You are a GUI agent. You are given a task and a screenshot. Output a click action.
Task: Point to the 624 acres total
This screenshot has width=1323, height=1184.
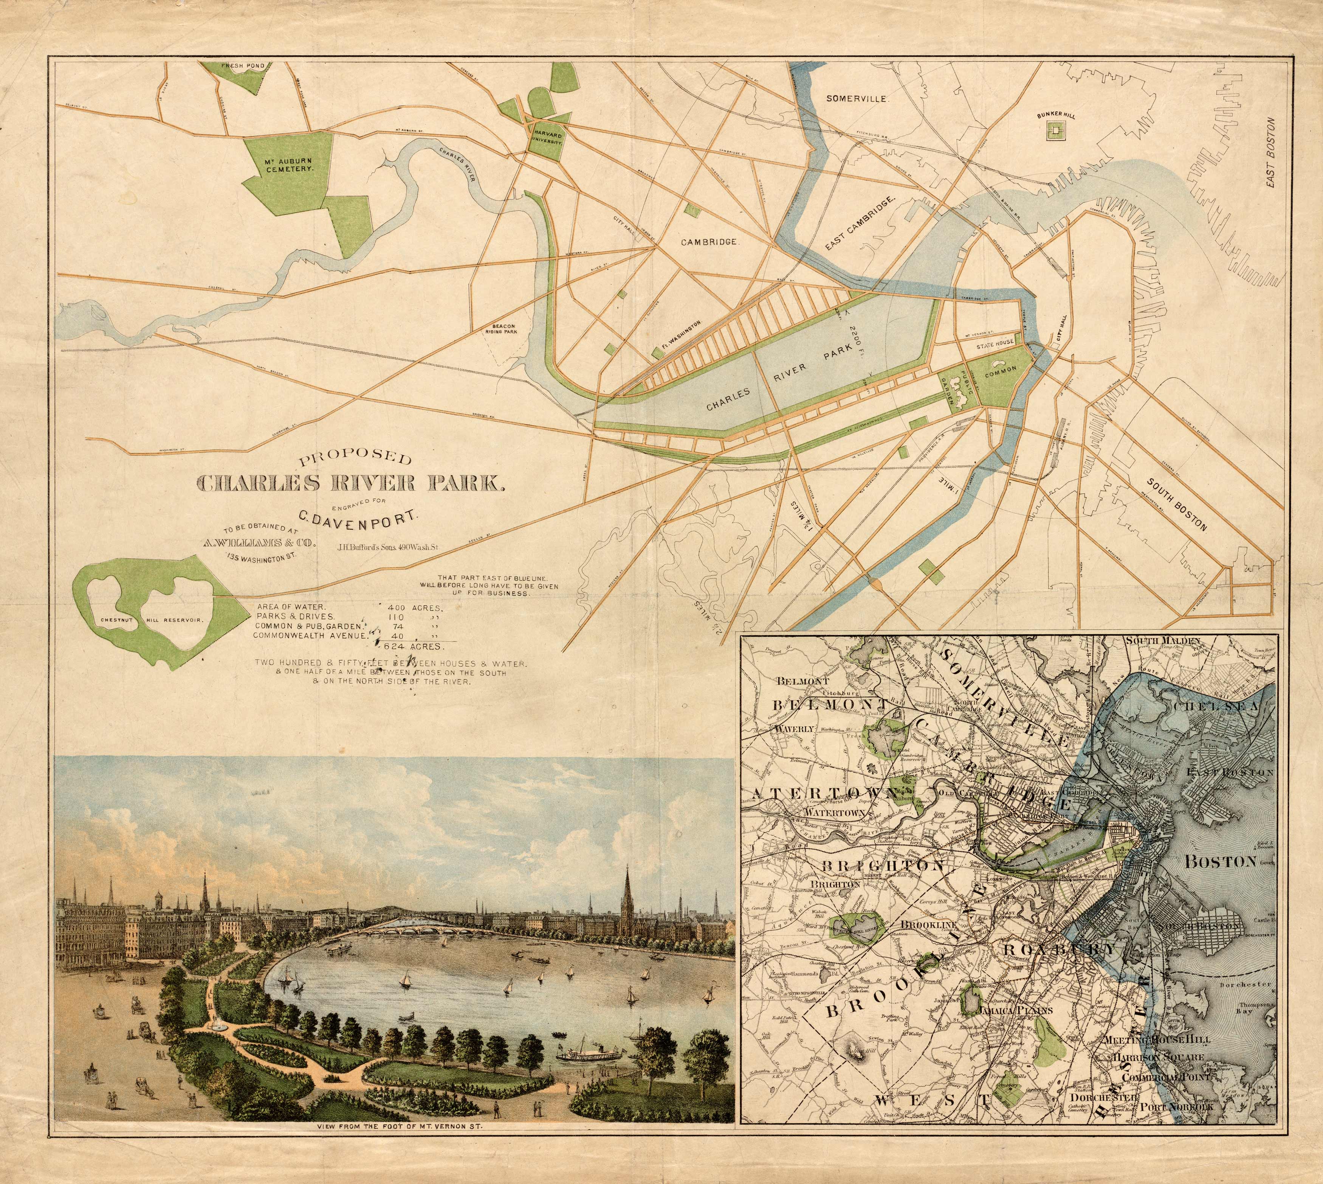[414, 646]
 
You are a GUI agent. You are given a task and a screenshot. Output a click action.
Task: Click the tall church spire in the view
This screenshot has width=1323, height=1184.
[627, 891]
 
